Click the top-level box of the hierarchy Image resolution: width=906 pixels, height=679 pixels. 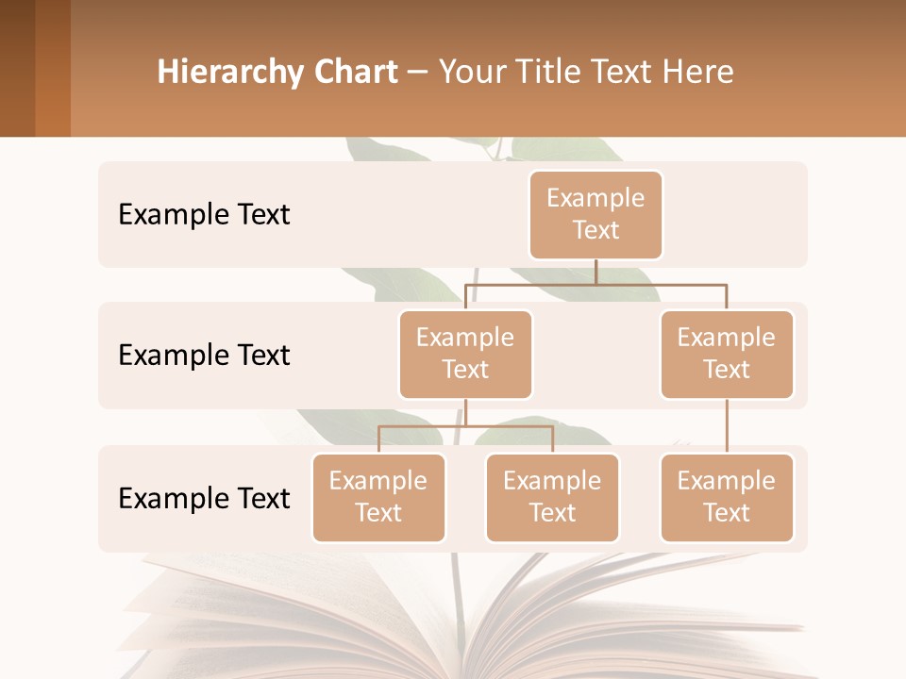[x=596, y=214]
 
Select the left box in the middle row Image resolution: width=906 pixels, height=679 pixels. [x=465, y=354]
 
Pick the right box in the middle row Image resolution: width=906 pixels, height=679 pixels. [x=727, y=354]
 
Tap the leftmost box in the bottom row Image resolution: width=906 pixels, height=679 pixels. [x=378, y=497]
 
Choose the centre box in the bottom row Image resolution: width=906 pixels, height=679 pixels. [x=552, y=497]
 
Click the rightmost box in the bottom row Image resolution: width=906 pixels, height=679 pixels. [x=727, y=497]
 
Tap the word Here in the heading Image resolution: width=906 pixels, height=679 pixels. [x=699, y=73]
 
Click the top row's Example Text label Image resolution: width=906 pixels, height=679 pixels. [x=204, y=215]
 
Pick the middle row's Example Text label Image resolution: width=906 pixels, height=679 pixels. [x=204, y=356]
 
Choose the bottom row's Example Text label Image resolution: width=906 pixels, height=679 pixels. [x=204, y=498]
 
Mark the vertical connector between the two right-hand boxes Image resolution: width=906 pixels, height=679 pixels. [x=727, y=426]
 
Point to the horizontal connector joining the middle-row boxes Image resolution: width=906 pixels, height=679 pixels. [x=596, y=284]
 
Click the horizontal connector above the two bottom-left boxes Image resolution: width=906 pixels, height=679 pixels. [x=465, y=426]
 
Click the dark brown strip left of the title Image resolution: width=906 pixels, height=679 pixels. [x=17, y=68]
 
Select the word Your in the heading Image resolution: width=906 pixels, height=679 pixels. [x=472, y=73]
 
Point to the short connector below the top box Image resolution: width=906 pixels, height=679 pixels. [x=596, y=272]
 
